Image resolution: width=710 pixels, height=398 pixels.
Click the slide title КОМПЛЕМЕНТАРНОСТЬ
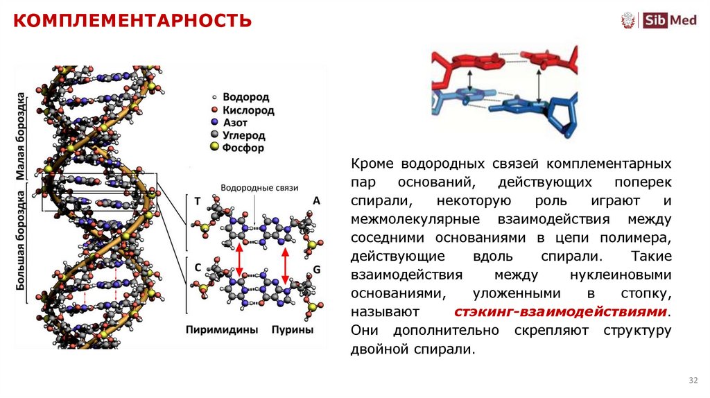[132, 20]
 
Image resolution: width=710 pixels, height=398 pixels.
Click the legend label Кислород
[248, 110]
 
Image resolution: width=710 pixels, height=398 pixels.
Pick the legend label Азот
[236, 123]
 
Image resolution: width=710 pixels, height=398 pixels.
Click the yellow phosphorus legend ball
[214, 148]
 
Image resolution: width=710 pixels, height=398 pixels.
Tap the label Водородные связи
[259, 188]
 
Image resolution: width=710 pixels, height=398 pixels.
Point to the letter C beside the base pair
[198, 267]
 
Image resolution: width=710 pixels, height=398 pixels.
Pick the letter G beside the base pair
[316, 268]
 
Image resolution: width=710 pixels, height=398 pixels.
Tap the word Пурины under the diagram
[292, 330]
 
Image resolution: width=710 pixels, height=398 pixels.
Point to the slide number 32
[693, 381]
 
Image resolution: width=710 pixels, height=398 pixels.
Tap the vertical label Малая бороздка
[21, 136]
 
